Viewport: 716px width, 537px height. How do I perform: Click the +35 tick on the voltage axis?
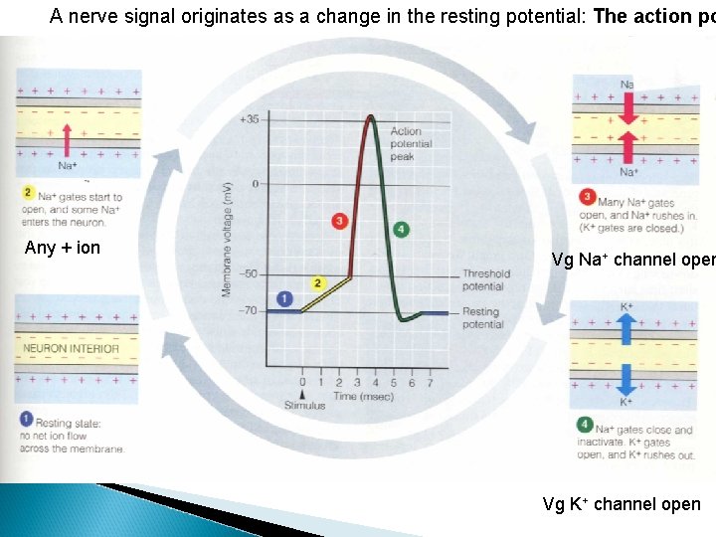(x=249, y=120)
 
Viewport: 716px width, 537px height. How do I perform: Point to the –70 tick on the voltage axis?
(x=249, y=311)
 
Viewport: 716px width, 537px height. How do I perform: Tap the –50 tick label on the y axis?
(x=249, y=274)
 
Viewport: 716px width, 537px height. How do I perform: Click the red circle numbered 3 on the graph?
(x=340, y=220)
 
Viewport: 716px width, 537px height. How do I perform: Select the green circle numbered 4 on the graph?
(x=400, y=229)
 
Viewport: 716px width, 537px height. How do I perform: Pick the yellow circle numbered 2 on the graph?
(x=318, y=283)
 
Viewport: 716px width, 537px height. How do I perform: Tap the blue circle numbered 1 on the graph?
(x=283, y=297)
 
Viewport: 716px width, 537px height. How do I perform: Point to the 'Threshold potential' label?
(x=485, y=280)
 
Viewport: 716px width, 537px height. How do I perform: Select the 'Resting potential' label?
(x=483, y=318)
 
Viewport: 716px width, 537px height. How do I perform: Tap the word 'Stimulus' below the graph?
(x=304, y=406)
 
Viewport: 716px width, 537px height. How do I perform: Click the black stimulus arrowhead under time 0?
(x=303, y=394)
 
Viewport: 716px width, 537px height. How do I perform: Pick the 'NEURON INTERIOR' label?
(x=71, y=348)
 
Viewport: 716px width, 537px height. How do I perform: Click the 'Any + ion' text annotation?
(x=62, y=248)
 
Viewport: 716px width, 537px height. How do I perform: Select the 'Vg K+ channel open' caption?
(x=621, y=504)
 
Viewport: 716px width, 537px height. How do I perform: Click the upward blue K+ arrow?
(x=626, y=325)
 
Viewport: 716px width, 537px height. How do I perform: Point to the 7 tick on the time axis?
(x=429, y=382)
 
